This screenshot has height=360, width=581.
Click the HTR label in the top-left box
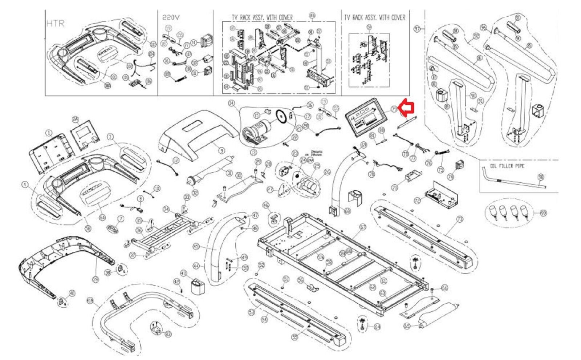[56, 23]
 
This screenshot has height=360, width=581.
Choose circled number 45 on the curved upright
[196, 247]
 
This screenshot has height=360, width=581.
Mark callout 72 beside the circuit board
[417, 200]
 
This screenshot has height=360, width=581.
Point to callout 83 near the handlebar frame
[168, 334]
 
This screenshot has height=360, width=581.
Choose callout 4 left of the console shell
[25, 185]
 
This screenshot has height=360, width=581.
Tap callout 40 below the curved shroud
[72, 293]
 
